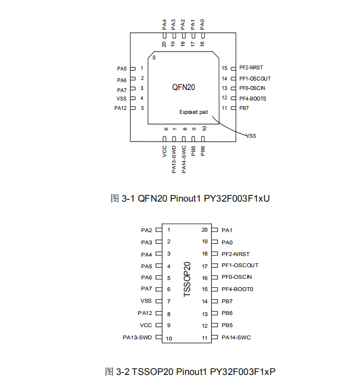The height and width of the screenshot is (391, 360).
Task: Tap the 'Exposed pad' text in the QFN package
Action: pos(193,112)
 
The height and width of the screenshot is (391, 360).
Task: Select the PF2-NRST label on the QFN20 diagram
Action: pos(251,68)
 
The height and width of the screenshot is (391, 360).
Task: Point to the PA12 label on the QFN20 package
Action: pos(121,108)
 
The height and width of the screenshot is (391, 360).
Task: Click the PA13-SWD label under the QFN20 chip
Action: pos(174,160)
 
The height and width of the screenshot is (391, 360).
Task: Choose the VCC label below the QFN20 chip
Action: pos(165,152)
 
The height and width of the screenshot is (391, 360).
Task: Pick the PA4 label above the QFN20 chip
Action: pos(165,24)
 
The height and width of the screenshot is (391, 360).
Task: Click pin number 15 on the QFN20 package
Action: pos(224,68)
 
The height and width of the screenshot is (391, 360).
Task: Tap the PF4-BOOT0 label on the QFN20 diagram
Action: pos(253,98)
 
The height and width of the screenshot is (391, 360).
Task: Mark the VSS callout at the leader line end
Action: pos(251,135)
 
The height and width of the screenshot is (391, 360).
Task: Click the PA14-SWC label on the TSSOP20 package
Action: pos(236,337)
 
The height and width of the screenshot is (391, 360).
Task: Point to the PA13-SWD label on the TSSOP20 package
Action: pos(137,337)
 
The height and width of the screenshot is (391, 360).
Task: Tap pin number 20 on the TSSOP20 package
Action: pos(204,229)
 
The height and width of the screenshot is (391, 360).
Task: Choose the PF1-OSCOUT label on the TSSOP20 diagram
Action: pos(240,265)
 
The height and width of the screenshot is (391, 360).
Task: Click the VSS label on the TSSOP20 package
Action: pos(146,300)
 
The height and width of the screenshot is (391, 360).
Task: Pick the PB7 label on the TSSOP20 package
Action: pos(227,301)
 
